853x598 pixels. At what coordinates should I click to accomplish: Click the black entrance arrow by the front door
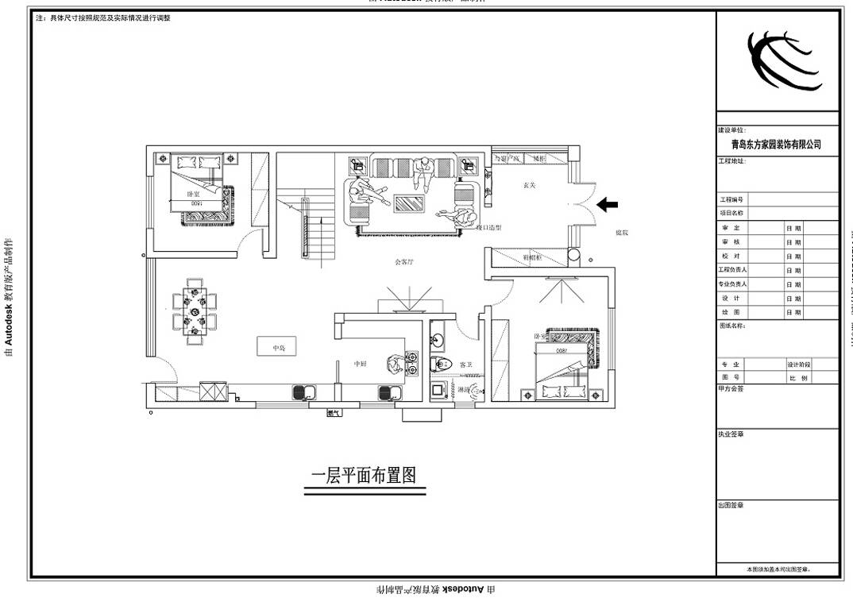pos(608,205)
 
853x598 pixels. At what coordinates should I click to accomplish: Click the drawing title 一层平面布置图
pos(364,475)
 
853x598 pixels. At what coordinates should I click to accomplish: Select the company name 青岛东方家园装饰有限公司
pos(776,145)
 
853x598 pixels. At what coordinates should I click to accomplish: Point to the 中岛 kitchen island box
pos(276,347)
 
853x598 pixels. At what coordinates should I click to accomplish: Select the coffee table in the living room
pos(411,203)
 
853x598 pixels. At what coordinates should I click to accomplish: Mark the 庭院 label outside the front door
pos(622,233)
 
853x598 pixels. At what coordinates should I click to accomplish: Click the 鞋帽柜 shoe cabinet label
pos(532,257)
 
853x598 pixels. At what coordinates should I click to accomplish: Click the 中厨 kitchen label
pos(360,364)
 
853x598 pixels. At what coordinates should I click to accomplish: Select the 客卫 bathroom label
pos(466,365)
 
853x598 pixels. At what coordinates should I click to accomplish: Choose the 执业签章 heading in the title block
pos(731,434)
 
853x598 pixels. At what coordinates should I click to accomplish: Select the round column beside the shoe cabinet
pos(574,257)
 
